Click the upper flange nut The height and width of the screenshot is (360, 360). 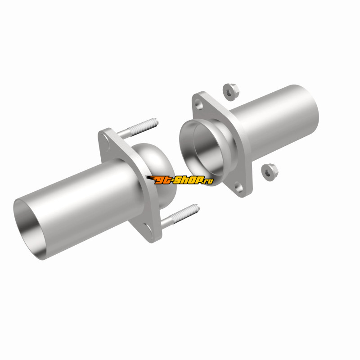(231, 92)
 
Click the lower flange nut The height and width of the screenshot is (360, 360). (270, 172)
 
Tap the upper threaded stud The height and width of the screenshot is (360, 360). (137, 128)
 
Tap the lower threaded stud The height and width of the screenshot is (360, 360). (180, 216)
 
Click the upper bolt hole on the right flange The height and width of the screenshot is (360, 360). (199, 105)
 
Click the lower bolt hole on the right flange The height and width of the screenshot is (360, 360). (239, 187)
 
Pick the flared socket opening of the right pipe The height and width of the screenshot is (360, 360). (202, 152)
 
